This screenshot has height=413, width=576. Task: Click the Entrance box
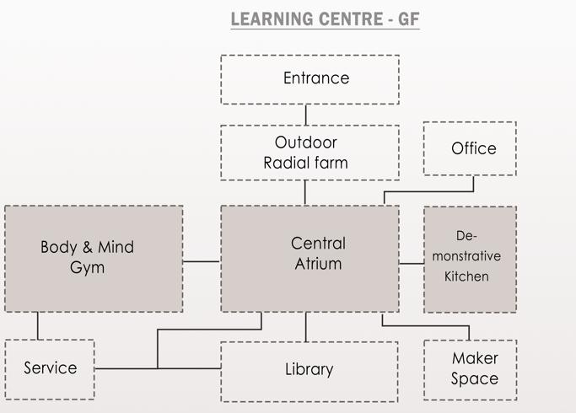[x=310, y=79]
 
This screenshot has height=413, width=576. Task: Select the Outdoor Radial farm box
[x=310, y=153]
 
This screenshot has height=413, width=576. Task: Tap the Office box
[x=469, y=148]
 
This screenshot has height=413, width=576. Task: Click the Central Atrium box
[x=310, y=258]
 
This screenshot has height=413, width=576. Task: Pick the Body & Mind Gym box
[x=93, y=258]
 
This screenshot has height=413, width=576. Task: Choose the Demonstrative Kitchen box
[x=470, y=258]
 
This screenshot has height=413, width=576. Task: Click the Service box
[x=49, y=368]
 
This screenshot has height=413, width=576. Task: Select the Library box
[x=309, y=370]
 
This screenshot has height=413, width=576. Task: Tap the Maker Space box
[x=470, y=369]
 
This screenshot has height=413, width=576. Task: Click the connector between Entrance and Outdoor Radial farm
[x=305, y=115]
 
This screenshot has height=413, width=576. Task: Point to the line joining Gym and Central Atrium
[x=202, y=261]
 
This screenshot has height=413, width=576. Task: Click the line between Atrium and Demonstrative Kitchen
[x=411, y=263]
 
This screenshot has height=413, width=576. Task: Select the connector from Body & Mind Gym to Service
[x=38, y=325]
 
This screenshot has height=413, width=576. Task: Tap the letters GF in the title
[x=408, y=19]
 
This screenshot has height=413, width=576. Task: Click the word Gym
[x=88, y=268]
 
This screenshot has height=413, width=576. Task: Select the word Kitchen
[x=466, y=276]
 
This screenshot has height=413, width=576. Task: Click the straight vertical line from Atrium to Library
[x=305, y=326]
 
